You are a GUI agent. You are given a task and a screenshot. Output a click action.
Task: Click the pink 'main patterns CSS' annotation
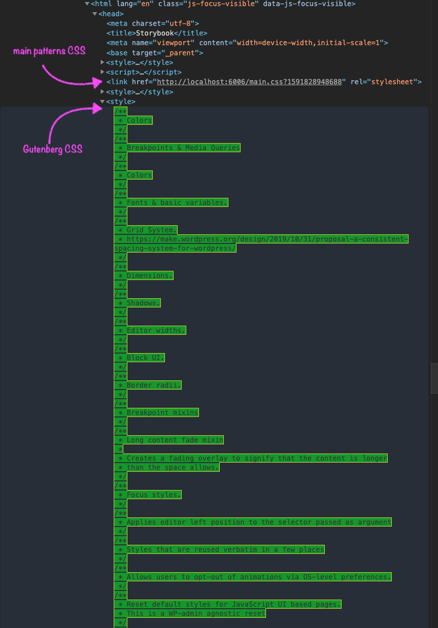point(49,51)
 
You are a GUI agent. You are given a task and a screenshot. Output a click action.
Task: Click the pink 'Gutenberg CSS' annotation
point(53,149)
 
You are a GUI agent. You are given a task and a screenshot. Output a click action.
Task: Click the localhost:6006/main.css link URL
point(249,82)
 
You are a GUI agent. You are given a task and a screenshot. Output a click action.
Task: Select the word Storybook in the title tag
point(154,33)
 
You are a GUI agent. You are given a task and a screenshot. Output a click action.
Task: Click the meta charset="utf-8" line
point(152,23)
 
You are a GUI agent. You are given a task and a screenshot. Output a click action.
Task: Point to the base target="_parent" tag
point(154,53)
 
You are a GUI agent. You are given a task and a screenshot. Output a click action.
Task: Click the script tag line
point(144,72)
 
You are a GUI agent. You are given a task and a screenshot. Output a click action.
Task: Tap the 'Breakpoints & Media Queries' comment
point(183,148)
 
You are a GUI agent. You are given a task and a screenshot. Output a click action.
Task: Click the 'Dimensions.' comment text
point(150,275)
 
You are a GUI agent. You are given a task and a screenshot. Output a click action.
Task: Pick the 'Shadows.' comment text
point(143,303)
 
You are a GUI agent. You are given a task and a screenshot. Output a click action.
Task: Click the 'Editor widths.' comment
point(156,330)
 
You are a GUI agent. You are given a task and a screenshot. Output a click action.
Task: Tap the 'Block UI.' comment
point(145,358)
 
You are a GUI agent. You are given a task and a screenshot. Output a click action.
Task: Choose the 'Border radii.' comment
point(154,385)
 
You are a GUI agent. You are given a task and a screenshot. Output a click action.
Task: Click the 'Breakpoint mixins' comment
point(162,412)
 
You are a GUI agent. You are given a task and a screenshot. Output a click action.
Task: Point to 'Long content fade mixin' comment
point(175,440)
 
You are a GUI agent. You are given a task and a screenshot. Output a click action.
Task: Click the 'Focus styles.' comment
point(154,495)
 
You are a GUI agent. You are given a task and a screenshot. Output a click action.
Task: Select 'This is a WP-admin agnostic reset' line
point(196,613)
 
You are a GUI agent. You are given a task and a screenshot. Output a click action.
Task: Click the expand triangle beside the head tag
point(95,14)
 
